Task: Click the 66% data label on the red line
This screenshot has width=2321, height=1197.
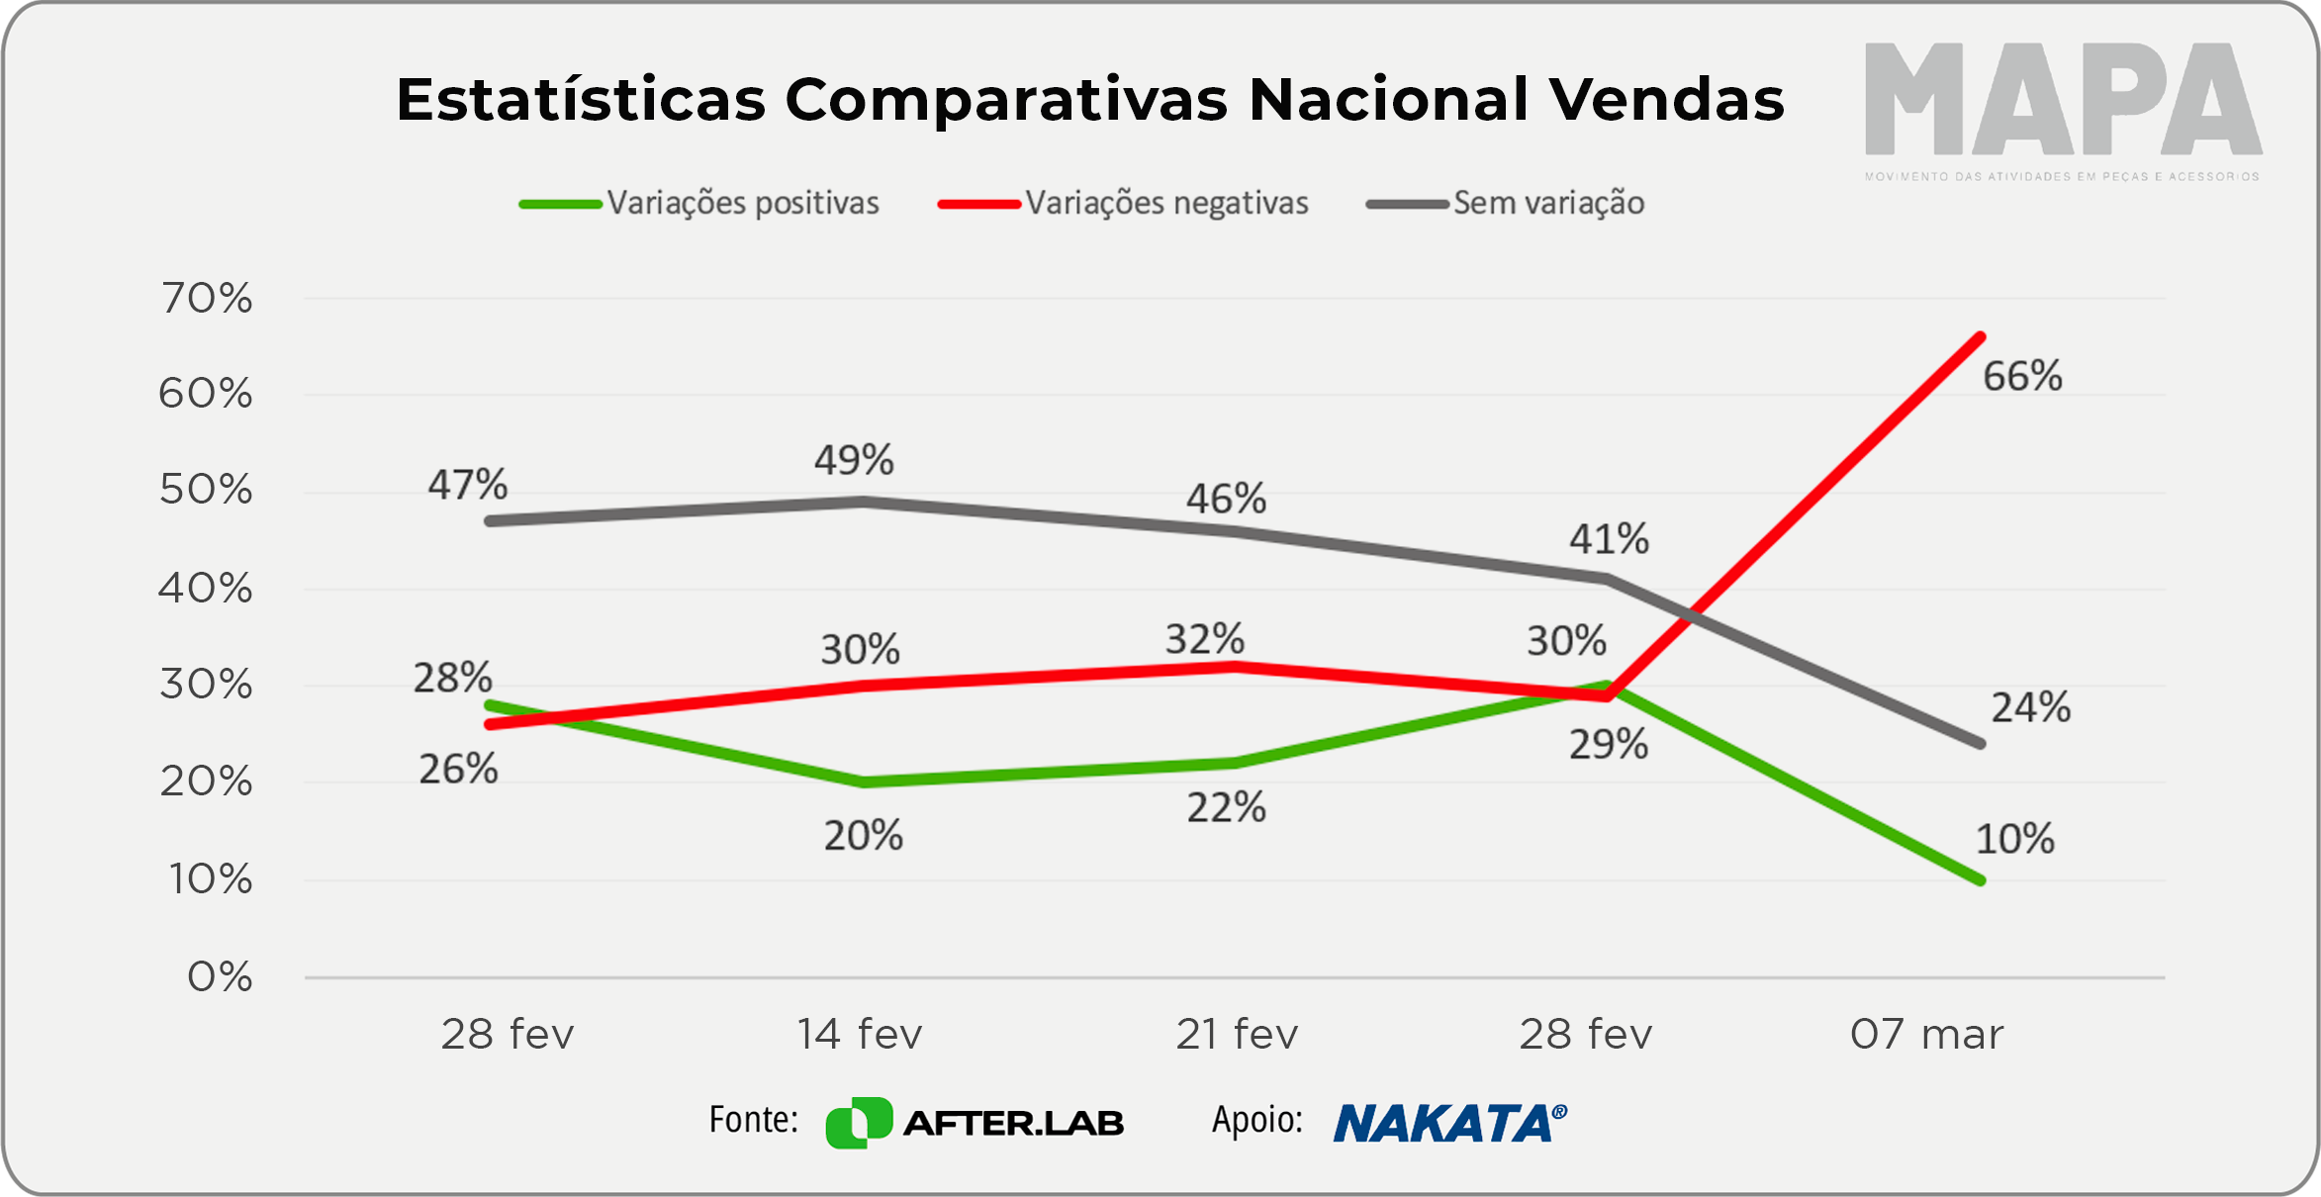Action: point(2022,377)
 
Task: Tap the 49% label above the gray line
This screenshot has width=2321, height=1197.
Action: point(854,460)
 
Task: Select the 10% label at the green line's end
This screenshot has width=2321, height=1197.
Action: point(2014,840)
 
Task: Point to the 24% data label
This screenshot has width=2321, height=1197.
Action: point(2030,708)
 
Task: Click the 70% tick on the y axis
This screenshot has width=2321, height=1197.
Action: point(207,299)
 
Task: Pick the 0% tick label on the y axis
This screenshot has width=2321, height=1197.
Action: point(220,977)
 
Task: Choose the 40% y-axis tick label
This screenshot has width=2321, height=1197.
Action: point(206,590)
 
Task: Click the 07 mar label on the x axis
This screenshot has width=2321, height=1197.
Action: point(1926,1035)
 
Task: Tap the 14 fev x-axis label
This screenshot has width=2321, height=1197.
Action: point(860,1035)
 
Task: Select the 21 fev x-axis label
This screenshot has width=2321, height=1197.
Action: point(1237,1035)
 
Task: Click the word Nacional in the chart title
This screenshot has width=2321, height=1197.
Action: point(1388,100)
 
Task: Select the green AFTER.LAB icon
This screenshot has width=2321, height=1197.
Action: point(859,1123)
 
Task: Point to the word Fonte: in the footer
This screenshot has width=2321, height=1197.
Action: point(753,1120)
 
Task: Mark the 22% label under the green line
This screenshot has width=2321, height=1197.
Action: point(1226,808)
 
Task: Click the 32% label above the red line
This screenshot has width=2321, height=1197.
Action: point(1204,640)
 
